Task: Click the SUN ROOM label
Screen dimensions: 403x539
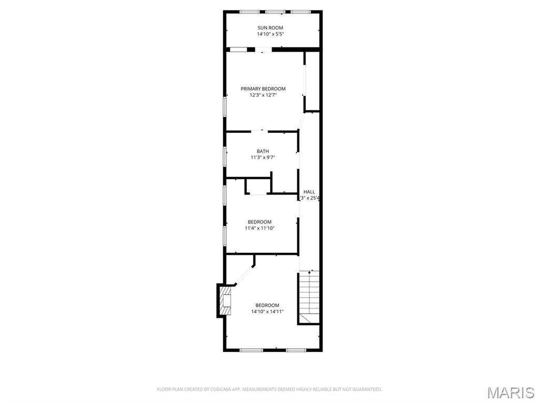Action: point(270,28)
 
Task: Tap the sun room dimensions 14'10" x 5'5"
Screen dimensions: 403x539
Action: point(270,34)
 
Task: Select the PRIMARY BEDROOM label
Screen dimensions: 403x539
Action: point(263,89)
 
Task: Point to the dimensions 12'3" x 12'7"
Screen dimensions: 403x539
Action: point(263,95)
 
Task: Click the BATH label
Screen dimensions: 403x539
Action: point(263,151)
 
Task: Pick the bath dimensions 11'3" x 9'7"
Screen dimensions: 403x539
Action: point(263,157)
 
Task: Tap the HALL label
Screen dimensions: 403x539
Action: point(309,192)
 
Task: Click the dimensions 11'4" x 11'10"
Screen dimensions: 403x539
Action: point(259,228)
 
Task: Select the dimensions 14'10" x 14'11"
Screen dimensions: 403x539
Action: point(267,312)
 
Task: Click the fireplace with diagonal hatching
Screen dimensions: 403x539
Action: point(226,301)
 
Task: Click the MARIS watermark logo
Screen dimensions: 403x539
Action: point(511,392)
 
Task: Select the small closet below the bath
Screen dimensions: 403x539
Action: point(258,186)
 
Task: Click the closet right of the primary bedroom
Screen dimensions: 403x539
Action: point(312,81)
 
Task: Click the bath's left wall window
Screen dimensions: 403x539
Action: point(225,157)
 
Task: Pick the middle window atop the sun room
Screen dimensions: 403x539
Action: point(274,12)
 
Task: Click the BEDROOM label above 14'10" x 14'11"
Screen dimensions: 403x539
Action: point(267,305)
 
